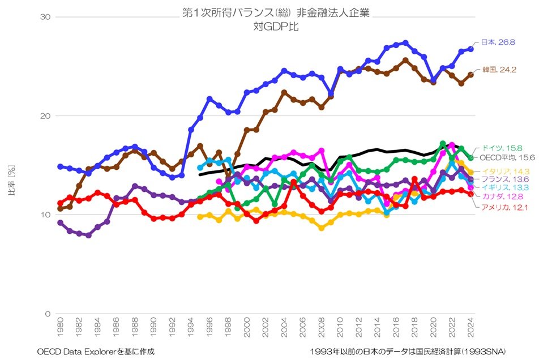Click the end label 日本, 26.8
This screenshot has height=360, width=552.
click(498, 42)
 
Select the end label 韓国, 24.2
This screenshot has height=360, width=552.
click(499, 70)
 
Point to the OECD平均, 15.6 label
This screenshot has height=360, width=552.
click(507, 158)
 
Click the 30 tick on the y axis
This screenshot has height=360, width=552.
click(45, 17)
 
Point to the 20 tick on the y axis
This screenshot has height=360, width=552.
click(45, 116)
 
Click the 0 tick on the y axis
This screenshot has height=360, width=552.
click(48, 314)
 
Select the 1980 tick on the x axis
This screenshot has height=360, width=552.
click(60, 327)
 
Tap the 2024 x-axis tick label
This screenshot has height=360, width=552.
click(470, 327)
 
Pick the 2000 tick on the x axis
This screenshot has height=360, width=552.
click(246, 327)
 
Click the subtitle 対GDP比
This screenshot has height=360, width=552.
click(276, 27)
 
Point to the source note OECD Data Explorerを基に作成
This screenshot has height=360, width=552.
click(96, 352)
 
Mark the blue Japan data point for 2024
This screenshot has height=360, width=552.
click(470, 49)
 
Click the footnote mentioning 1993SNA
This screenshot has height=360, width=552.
click(408, 352)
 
